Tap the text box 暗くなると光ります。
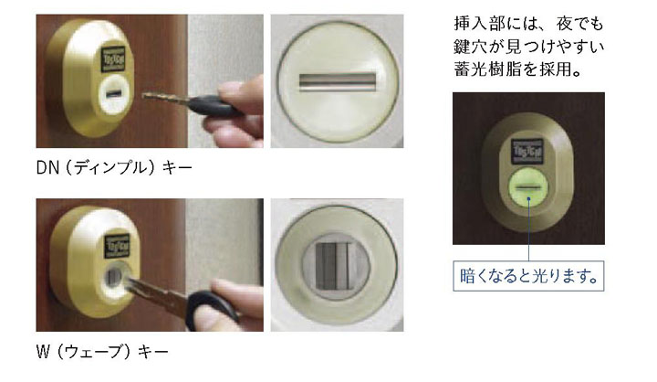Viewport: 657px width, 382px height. click(x=528, y=276)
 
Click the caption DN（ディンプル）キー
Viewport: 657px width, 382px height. click(x=114, y=168)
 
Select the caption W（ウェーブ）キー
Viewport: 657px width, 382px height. click(x=102, y=352)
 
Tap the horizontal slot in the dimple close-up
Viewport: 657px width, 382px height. click(x=337, y=82)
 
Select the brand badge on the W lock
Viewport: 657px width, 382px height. click(x=117, y=245)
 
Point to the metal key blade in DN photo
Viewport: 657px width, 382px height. click(x=164, y=98)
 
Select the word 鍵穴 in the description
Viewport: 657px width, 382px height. click(x=470, y=47)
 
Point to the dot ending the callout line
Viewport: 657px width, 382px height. click(x=528, y=199)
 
